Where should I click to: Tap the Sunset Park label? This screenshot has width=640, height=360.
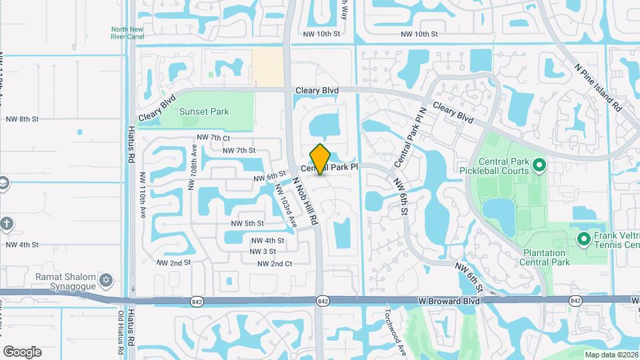coord(205,111)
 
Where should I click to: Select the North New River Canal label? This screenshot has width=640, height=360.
coord(128,33)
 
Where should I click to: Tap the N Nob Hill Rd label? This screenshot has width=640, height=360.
coord(305,197)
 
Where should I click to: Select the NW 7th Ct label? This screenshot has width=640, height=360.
coord(213,137)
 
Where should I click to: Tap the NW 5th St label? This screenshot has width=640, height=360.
coord(247,223)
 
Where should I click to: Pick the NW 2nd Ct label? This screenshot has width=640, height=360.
coord(275,264)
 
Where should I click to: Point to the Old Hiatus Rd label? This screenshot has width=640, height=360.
coord(121,334)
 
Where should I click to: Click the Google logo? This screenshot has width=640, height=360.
coord(22,351)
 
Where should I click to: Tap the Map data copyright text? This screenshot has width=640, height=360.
coord(610,354)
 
